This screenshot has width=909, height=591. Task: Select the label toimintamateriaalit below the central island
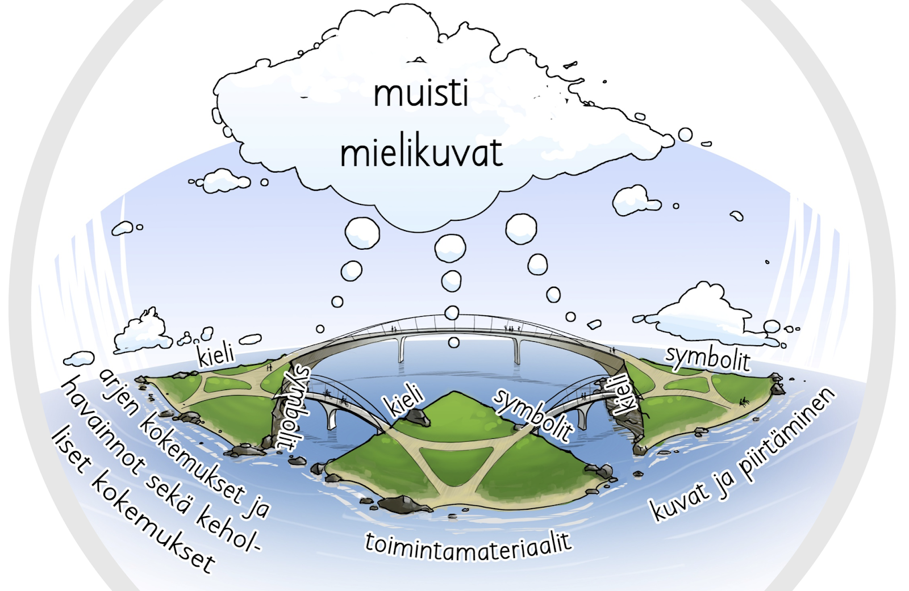(x=468, y=546)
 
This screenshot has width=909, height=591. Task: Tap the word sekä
(x=168, y=493)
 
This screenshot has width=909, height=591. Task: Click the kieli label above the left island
(x=215, y=354)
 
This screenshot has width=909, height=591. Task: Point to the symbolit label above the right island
(x=708, y=358)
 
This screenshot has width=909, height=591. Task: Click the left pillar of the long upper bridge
(x=402, y=349)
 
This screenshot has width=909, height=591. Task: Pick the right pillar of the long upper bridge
(x=517, y=350)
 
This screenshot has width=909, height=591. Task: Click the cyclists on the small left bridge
(x=336, y=396)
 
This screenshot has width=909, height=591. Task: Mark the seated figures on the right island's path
(x=744, y=401)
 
